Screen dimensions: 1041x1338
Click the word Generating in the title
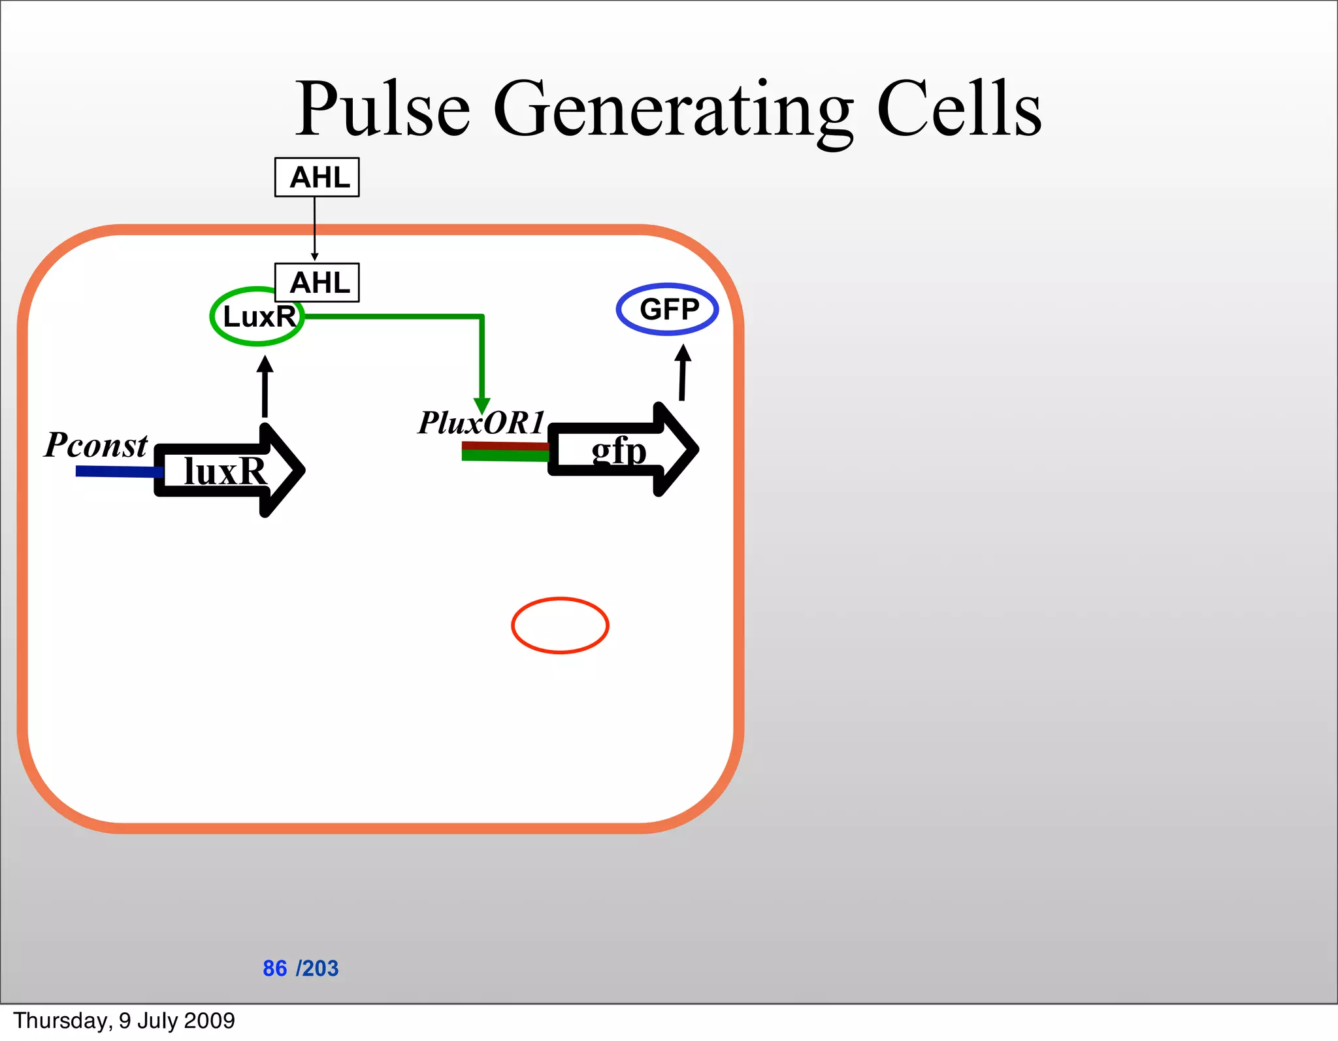tap(673, 110)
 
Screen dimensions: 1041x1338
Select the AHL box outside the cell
tap(317, 177)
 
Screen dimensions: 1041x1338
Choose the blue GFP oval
tap(667, 309)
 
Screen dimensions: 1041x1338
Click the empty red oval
tap(560, 625)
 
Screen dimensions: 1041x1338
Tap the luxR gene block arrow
tap(229, 471)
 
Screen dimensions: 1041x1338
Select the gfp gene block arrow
tap(621, 450)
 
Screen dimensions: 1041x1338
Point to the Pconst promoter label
tap(96, 446)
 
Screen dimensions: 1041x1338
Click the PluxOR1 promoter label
tap(481, 423)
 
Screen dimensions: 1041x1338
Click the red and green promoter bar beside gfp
tap(504, 451)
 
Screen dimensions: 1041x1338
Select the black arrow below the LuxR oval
tap(265, 387)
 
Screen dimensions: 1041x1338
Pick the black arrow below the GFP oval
tap(682, 372)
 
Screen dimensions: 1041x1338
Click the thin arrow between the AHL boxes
tap(314, 229)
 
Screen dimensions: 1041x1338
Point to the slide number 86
tap(274, 968)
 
